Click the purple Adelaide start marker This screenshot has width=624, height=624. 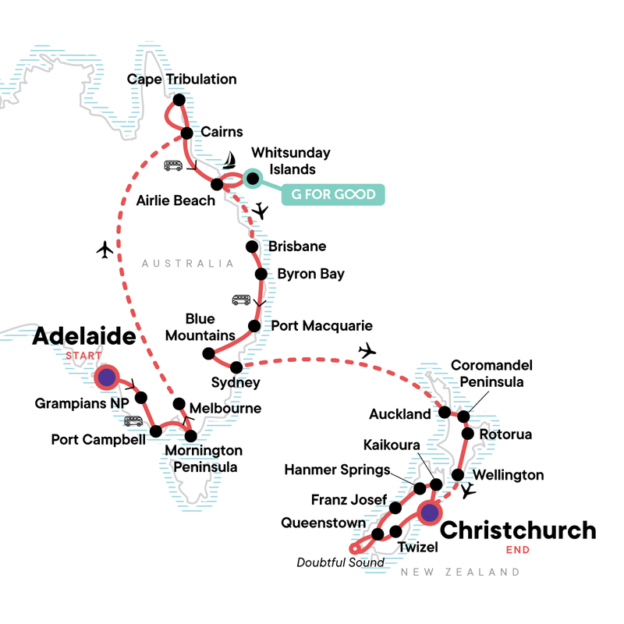click(106, 378)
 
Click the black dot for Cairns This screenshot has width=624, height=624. click(187, 133)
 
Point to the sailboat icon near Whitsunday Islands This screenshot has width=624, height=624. click(230, 161)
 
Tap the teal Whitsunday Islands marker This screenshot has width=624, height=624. click(251, 179)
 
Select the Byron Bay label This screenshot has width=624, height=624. click(310, 275)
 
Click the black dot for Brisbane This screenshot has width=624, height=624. click(252, 247)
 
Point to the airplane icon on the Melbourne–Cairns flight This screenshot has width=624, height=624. click(105, 250)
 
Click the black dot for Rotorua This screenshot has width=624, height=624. click(467, 433)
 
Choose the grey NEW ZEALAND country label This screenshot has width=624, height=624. click(459, 573)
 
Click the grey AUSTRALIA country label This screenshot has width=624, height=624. click(187, 264)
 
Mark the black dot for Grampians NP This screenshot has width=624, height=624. click(141, 398)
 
